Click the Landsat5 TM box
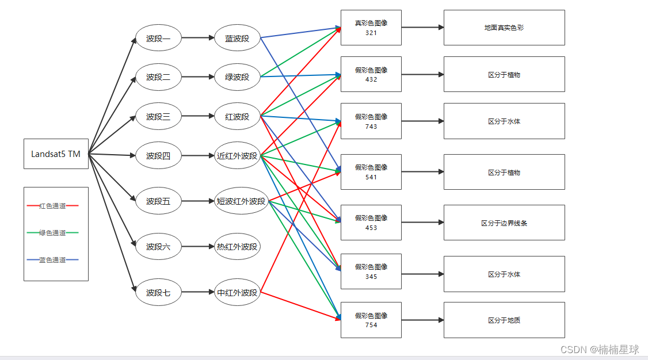click(x=56, y=154)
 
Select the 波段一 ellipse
click(x=158, y=39)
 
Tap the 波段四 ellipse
click(x=158, y=156)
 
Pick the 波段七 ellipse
click(x=158, y=293)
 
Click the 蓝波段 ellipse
click(x=237, y=39)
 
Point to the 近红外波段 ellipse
click(x=237, y=156)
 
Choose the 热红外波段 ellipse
click(x=237, y=247)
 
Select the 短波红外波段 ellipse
click(x=241, y=201)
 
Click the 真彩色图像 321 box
click(x=371, y=28)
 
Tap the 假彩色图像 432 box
click(x=371, y=74)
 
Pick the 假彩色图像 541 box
click(x=371, y=172)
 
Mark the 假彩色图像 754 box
click(x=371, y=320)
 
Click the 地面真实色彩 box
click(x=504, y=28)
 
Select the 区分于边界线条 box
click(x=504, y=223)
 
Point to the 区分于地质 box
click(x=504, y=320)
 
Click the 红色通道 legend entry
click(x=52, y=205)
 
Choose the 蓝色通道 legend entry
click(x=52, y=260)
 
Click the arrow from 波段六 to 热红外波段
click(x=198, y=247)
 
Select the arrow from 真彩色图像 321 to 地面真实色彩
click(x=422, y=27)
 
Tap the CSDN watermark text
click(x=599, y=349)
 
